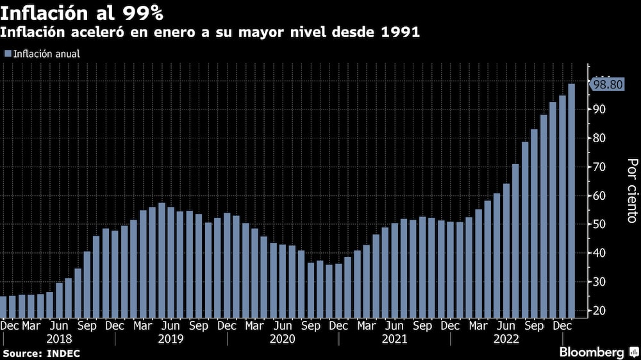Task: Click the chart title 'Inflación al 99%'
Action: (x=82, y=12)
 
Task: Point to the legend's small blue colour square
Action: (x=8, y=54)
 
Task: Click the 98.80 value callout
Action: (x=607, y=85)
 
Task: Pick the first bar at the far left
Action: (x=3, y=306)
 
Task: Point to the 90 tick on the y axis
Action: (x=600, y=110)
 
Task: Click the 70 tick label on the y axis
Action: (x=600, y=167)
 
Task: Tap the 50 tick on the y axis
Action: (x=600, y=224)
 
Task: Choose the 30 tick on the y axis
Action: (x=600, y=282)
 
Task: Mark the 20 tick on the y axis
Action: (x=600, y=311)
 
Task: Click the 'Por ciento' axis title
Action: (x=631, y=191)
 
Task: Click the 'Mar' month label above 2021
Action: (x=366, y=326)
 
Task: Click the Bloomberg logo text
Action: (x=592, y=352)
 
